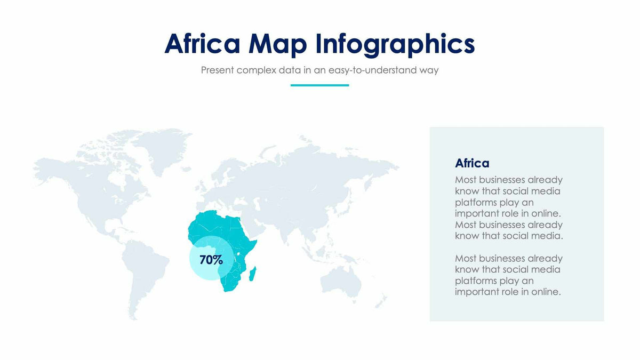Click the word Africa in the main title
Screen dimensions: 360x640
tap(202, 44)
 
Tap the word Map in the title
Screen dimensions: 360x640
tap(277, 44)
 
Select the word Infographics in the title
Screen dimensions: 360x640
tap(395, 44)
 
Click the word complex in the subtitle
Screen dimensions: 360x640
tap(256, 70)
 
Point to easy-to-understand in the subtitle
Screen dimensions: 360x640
tap(371, 70)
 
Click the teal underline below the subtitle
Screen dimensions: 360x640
tap(319, 85)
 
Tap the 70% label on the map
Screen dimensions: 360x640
tap(211, 260)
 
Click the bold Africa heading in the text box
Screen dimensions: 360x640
tap(472, 163)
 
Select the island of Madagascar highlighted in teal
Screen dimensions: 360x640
tap(253, 275)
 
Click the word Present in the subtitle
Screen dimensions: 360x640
tap(218, 70)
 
